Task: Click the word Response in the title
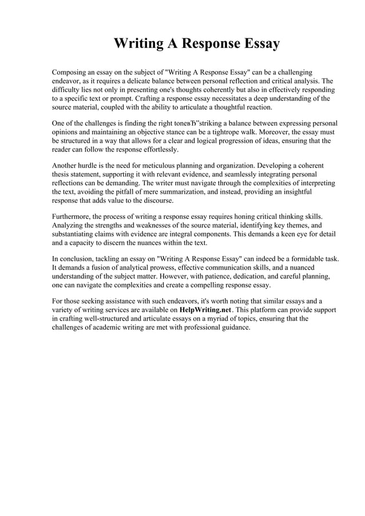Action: pos(203,44)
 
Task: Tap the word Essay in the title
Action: pos(257,44)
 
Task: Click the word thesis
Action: pos(61,174)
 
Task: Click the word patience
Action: pos(235,276)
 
